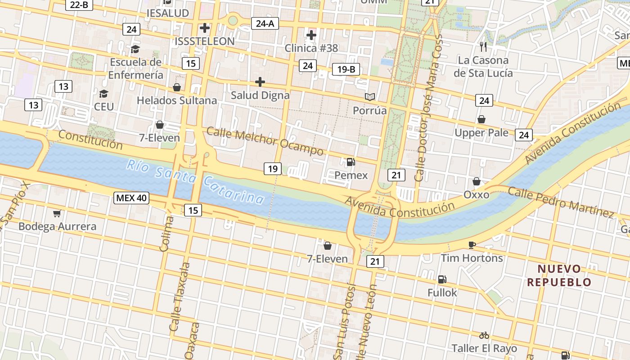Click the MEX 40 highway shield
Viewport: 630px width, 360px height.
point(131,198)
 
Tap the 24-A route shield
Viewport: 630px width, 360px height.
point(265,23)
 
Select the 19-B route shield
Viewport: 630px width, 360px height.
point(346,69)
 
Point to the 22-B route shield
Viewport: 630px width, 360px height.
point(79,4)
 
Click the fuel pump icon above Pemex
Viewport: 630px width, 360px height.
point(351,162)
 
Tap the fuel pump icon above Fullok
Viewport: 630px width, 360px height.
point(442,279)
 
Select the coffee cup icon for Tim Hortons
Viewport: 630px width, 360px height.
point(472,245)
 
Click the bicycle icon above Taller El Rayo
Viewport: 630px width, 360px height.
point(484,335)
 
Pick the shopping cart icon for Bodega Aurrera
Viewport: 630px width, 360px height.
point(57,213)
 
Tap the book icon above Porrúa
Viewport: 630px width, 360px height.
point(370,97)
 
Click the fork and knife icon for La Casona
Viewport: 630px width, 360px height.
point(483,46)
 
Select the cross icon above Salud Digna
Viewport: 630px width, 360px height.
point(260,82)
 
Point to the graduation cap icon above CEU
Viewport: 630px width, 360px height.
point(103,94)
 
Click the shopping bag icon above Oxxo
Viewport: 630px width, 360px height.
point(477,181)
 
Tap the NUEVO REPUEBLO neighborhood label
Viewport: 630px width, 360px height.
point(559,275)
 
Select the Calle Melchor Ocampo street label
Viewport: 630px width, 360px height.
point(265,141)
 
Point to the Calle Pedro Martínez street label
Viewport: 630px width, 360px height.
point(561,202)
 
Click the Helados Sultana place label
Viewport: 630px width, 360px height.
point(177,100)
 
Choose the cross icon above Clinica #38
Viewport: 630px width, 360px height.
point(311,35)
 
